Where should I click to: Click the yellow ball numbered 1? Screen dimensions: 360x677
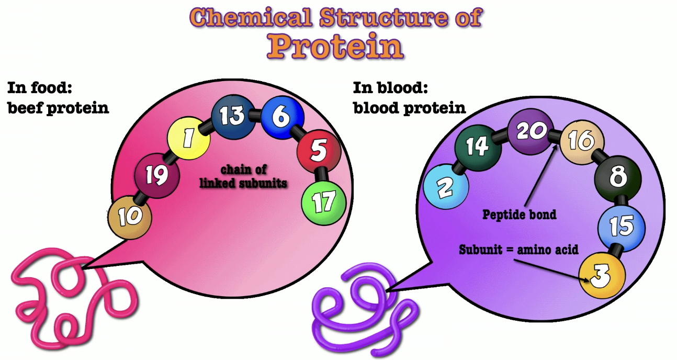coord(188,138)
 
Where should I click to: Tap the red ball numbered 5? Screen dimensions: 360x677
coord(319,152)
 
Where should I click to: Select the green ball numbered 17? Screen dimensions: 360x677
coord(324,201)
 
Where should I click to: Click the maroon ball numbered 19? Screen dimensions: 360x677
coord(156,176)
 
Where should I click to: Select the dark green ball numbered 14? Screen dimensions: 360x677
coord(477,147)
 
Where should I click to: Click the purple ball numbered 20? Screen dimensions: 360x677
coord(531,131)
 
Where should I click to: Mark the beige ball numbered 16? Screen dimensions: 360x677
coord(582,140)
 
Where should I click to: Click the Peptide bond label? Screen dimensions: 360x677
coord(519,215)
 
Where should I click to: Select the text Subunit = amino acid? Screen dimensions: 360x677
coord(518,250)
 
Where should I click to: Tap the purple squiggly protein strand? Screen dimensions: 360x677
coord(361,309)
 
